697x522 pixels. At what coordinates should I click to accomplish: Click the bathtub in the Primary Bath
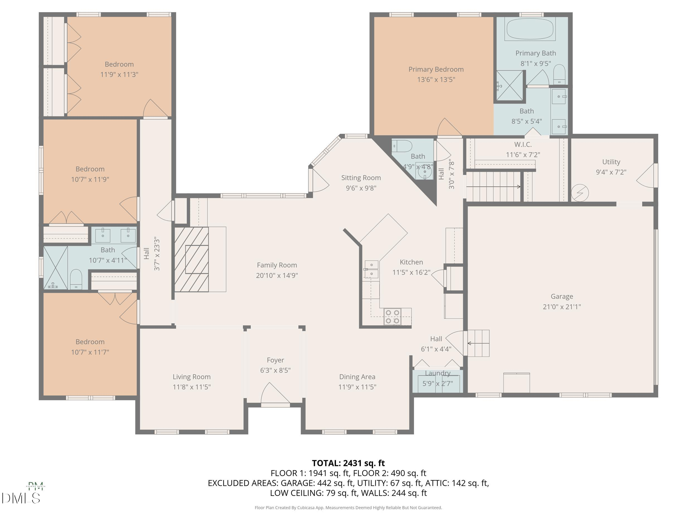530,29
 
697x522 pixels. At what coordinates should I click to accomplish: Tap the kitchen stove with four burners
393,317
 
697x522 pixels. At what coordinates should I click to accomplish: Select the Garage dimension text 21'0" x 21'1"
562,307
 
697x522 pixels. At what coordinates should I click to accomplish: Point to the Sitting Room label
361,178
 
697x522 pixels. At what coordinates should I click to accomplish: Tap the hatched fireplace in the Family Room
192,259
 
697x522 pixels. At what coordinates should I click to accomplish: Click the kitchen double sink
372,269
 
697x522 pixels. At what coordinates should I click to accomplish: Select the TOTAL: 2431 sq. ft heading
348,463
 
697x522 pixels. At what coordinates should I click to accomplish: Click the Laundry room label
438,373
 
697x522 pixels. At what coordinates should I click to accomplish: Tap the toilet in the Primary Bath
559,74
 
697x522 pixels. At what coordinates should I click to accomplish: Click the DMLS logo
21,498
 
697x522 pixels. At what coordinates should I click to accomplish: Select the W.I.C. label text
523,144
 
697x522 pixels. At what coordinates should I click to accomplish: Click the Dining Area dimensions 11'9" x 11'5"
357,387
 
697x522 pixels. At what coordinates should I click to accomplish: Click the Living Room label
192,377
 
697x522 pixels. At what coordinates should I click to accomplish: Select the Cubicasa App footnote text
348,508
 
